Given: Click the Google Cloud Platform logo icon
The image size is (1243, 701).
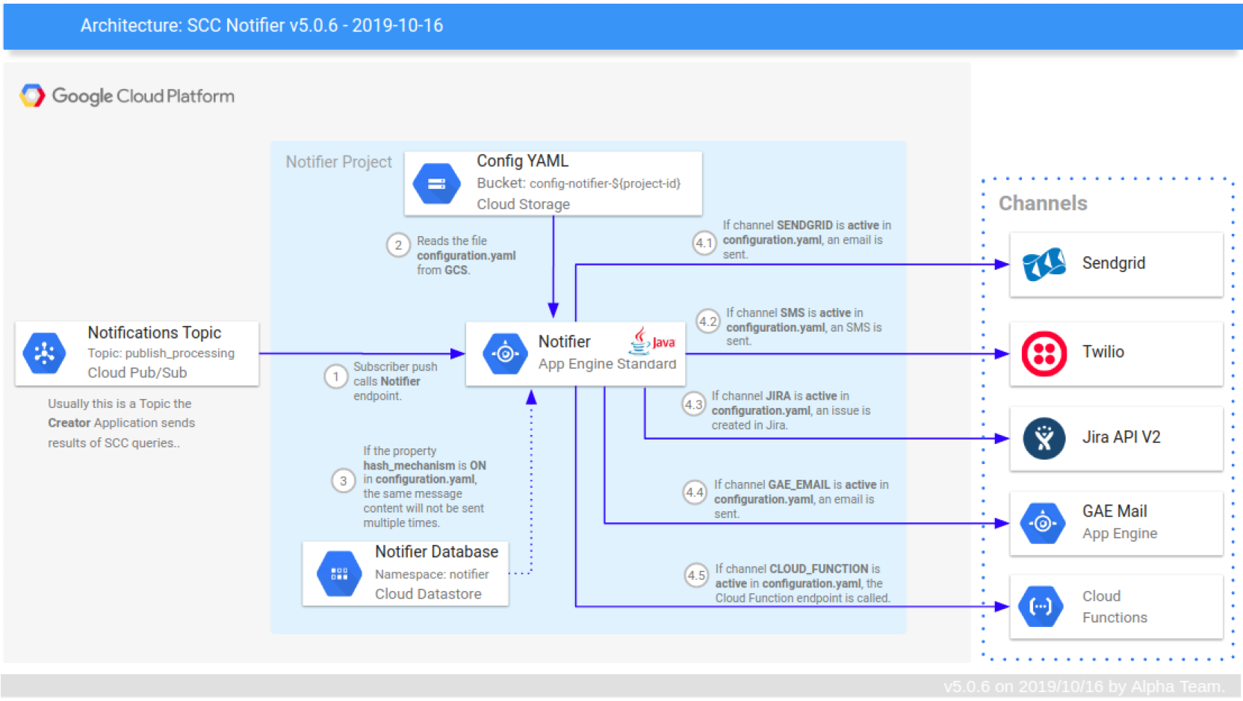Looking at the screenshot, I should (32, 96).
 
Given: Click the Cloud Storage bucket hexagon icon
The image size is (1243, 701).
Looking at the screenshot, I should (437, 184).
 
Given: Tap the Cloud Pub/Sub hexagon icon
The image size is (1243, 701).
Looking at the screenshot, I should (44, 353).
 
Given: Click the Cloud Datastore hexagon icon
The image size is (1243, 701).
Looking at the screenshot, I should (339, 574).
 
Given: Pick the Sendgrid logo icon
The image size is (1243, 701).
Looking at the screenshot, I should (1044, 264).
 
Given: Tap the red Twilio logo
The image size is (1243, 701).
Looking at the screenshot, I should (1044, 353).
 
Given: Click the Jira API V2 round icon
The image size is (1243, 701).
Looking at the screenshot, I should (1044, 438).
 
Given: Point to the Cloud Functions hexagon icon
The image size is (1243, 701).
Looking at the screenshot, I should (1041, 606).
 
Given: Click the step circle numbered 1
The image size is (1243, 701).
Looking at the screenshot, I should (336, 376).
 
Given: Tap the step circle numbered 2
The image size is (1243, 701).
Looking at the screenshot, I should (398, 245).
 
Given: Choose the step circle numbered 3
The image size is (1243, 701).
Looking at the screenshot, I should (343, 481).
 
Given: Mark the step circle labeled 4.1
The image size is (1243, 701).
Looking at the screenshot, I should (704, 243).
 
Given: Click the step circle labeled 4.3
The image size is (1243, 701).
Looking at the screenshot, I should (694, 405).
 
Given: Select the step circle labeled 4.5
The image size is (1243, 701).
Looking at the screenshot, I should (696, 575).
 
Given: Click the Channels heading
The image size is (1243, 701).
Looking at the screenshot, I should (1043, 203).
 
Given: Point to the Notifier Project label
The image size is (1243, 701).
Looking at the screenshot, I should (338, 162).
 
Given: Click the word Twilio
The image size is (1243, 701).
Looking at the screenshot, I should (1103, 352).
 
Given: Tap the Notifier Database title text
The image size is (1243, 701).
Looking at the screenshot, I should (436, 552).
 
